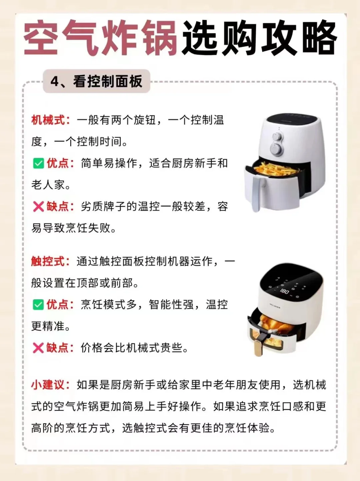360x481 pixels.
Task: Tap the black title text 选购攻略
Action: coord(259,38)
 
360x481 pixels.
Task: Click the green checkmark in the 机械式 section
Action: coord(38,163)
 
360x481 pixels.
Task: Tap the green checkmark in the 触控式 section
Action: coord(38,305)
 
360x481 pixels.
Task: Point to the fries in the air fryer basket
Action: coord(275,168)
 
